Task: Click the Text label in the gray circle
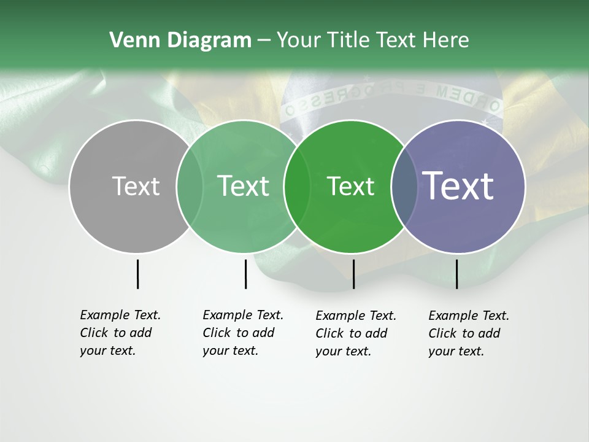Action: [136, 186]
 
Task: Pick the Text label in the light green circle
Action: [244, 186]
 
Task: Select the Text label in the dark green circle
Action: [350, 186]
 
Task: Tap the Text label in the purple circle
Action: [458, 186]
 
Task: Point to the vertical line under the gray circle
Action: [137, 274]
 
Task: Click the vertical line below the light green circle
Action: [245, 274]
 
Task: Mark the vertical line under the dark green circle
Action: [353, 274]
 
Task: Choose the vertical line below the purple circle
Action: [456, 274]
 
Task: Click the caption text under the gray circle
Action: [120, 333]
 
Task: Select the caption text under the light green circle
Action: [243, 333]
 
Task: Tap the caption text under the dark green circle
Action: [356, 333]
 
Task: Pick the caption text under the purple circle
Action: [469, 333]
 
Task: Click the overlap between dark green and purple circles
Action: [400, 187]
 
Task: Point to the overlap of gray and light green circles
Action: [190, 187]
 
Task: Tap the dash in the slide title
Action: [264, 41]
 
